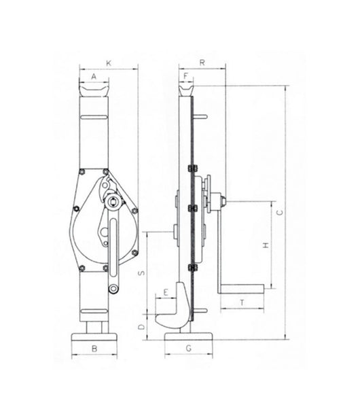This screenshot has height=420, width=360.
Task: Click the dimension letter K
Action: pyautogui.click(x=108, y=63)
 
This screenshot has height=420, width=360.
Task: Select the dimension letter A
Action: pyautogui.click(x=93, y=77)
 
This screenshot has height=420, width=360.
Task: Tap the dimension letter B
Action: pyautogui.click(x=96, y=347)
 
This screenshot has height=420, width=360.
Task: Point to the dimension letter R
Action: pyautogui.click(x=203, y=63)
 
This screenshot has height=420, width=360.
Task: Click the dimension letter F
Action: pyautogui.click(x=185, y=76)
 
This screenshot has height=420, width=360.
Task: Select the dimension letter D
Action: pyautogui.click(x=141, y=326)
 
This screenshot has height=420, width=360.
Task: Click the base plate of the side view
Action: pyautogui.click(x=188, y=333)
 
